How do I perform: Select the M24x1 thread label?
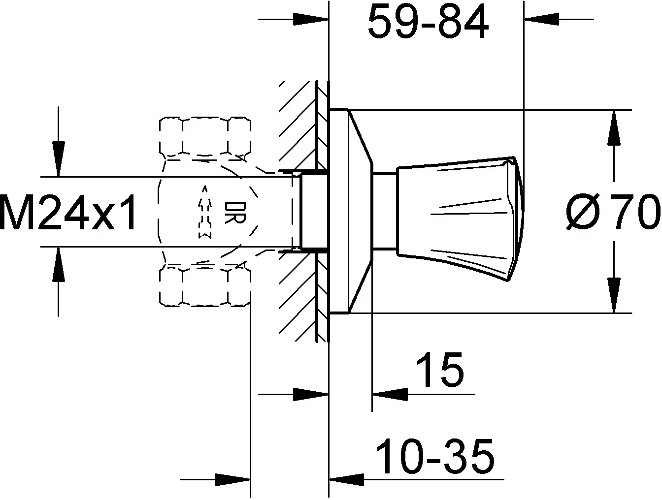click(x=68, y=212)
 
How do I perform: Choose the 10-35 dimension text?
click(x=434, y=457)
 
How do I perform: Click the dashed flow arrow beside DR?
click(x=205, y=212)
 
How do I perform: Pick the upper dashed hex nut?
click(x=205, y=137)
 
